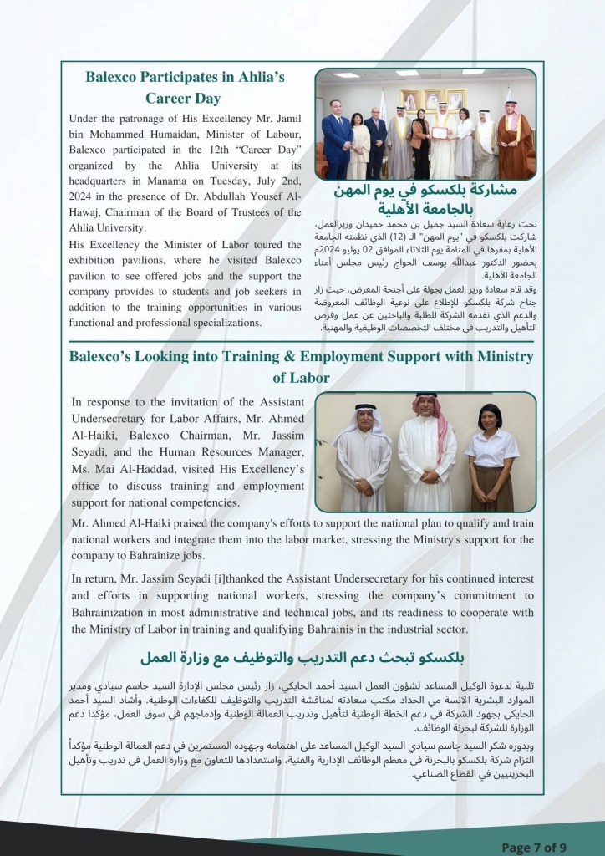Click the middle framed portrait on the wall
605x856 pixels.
(x=432, y=99)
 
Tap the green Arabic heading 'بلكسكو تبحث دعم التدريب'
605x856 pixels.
(x=302, y=655)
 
